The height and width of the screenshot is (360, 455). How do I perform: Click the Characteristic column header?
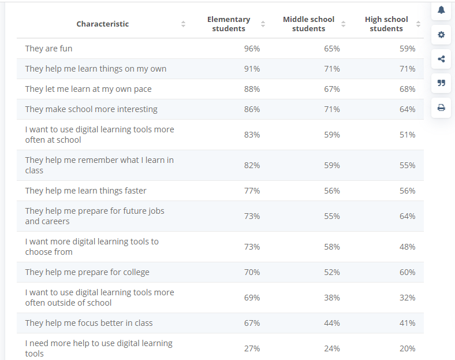102,24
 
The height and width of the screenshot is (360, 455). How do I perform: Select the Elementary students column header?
229,24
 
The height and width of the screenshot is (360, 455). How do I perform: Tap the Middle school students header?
308,24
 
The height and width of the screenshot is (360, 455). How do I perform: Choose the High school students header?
386,24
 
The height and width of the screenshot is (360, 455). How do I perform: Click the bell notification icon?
441,10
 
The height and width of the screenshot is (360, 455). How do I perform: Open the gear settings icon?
441,35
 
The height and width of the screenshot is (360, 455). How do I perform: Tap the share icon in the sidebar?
441,59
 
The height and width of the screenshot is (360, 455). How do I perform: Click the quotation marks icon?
441,83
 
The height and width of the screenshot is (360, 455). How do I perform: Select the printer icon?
441,107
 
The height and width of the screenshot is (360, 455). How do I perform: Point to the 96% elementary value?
252,49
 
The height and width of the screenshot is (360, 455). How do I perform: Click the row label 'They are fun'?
49,49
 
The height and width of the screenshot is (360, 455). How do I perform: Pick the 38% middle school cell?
332,298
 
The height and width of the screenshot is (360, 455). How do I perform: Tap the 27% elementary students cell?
252,348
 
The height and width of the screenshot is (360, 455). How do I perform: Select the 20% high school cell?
408,348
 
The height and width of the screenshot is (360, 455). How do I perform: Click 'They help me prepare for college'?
87,272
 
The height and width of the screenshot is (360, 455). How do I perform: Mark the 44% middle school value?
332,323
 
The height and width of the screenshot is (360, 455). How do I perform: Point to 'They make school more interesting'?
91,109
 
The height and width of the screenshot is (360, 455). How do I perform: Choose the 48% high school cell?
408,247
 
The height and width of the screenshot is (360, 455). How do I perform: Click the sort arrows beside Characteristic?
184,24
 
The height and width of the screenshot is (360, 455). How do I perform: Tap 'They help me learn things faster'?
85,191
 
